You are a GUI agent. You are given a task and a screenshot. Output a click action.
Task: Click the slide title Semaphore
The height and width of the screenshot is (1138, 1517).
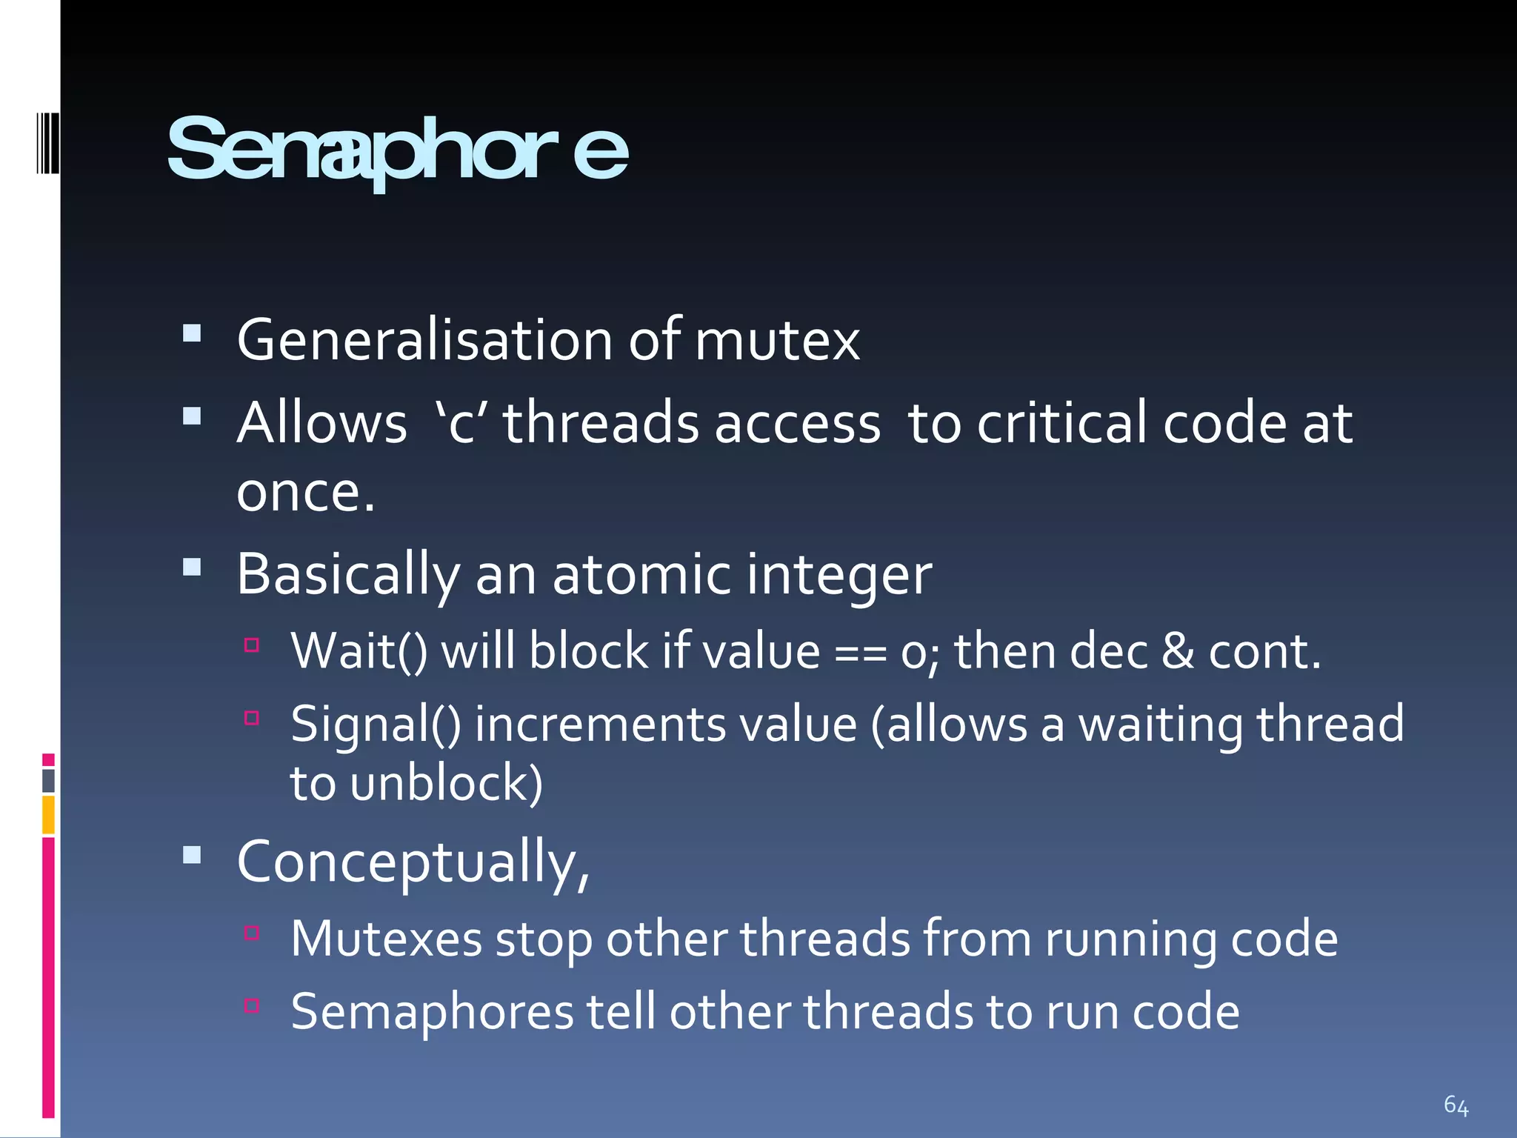[397, 150]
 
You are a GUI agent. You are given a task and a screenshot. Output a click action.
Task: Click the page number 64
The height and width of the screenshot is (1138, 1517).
[1456, 1105]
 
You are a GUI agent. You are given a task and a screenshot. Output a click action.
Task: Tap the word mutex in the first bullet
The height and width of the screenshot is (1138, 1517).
[777, 341]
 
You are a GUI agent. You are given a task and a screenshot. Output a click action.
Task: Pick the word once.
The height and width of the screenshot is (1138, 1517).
[305, 492]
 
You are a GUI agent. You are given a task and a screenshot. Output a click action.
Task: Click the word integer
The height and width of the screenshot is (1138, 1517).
[838, 576]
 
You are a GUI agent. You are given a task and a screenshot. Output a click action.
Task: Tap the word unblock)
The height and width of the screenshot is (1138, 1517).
[447, 784]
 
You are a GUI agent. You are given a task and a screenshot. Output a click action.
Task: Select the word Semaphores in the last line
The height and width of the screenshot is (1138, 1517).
[432, 1012]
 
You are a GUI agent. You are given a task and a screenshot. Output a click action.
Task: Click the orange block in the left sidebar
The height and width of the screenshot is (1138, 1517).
[48, 814]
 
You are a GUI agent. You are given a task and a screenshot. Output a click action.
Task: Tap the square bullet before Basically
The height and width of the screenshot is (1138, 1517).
[192, 568]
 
